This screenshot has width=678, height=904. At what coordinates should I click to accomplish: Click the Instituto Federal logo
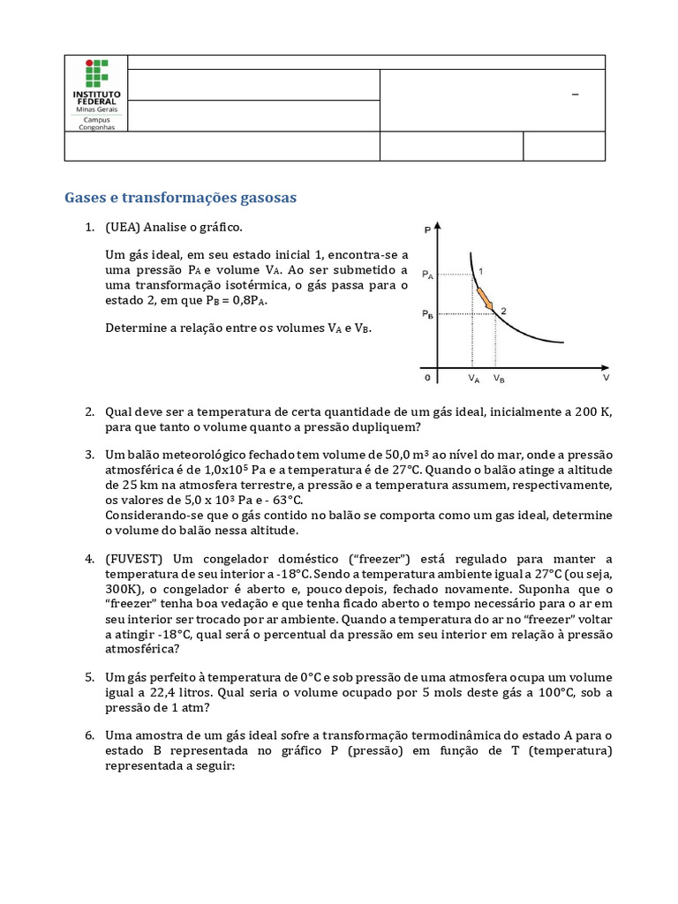96,94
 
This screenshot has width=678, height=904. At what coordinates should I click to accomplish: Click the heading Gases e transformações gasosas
180,198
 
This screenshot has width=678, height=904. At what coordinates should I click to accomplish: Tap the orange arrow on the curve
485,299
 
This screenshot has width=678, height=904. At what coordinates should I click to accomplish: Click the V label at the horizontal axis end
606,377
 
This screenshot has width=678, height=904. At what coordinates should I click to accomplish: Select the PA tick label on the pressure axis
428,275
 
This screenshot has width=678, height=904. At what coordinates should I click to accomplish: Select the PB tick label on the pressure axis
428,314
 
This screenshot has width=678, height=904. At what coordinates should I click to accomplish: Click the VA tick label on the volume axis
474,379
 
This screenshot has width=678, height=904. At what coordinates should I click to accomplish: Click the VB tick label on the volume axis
499,379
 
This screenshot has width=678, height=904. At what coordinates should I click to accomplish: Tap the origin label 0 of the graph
426,378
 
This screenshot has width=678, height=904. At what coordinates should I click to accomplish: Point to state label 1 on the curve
481,270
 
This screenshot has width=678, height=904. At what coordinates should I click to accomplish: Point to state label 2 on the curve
503,310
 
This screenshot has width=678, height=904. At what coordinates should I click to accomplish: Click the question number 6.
89,734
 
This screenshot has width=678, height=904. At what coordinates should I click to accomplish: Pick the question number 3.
89,454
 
